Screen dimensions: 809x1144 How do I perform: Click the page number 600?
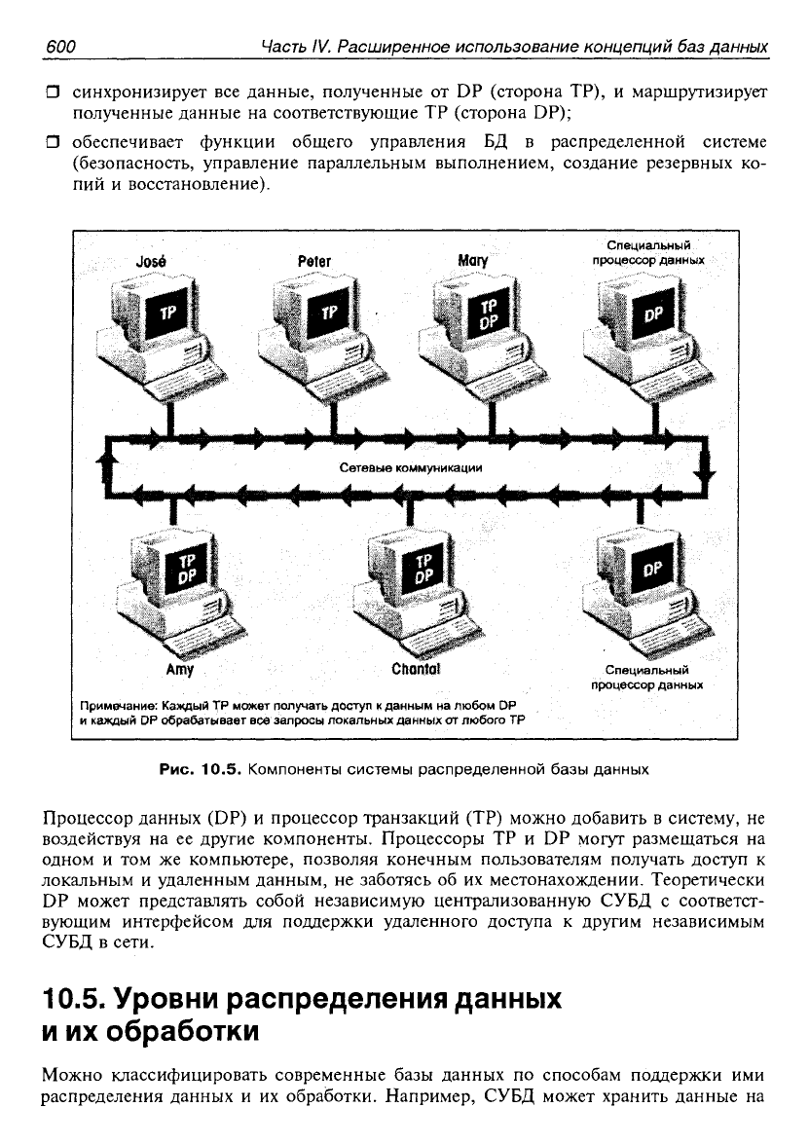[x=60, y=47]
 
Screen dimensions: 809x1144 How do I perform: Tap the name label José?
[x=151, y=261]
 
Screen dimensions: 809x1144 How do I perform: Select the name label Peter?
[x=314, y=261]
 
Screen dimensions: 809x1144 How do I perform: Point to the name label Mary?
[x=473, y=261]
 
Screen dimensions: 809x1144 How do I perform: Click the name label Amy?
[x=180, y=669]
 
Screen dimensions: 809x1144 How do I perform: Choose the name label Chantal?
[x=416, y=668]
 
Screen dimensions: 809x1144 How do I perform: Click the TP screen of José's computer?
[x=168, y=313]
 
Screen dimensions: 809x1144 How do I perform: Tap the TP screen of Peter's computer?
[x=330, y=313]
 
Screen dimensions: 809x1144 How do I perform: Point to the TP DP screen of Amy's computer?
[x=188, y=569]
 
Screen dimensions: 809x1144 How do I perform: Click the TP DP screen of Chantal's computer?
[x=423, y=569]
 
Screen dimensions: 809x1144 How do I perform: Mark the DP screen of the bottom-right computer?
[x=652, y=569]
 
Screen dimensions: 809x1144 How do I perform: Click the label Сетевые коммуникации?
[x=411, y=467]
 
